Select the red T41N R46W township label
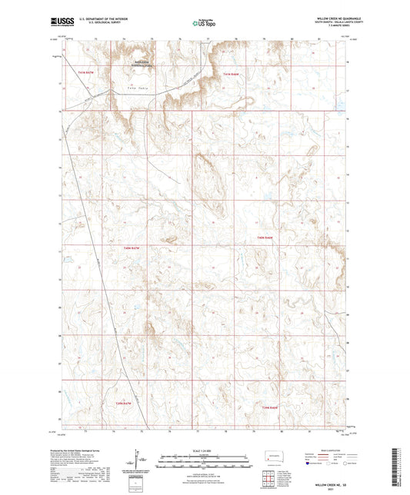pos(232,74)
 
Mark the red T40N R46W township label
pos(265,238)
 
